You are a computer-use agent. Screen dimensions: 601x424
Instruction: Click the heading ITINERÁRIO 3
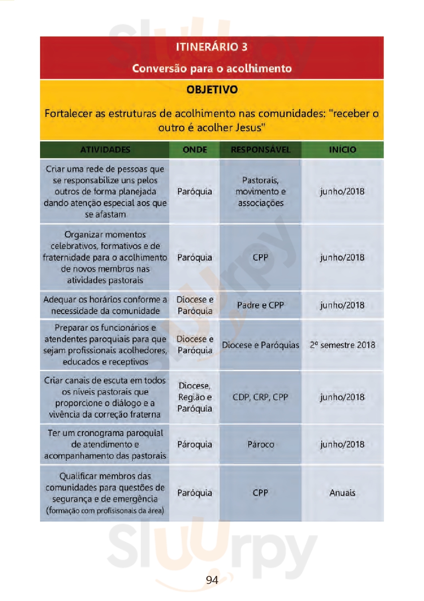click(x=211, y=47)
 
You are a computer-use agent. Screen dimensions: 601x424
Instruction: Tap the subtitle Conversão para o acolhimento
click(x=212, y=68)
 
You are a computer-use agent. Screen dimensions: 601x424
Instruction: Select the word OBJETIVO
click(x=212, y=89)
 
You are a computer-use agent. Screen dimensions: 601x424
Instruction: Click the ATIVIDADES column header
click(x=105, y=150)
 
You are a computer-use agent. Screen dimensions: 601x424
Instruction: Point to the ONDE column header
click(x=195, y=150)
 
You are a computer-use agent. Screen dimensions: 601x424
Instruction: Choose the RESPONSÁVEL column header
click(x=261, y=150)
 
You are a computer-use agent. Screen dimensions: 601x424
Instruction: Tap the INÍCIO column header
click(x=342, y=150)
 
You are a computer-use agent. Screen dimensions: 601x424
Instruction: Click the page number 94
click(x=212, y=580)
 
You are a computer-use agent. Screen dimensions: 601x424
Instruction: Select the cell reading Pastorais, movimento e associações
click(x=261, y=191)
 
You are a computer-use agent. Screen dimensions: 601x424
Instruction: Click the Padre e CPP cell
click(x=261, y=305)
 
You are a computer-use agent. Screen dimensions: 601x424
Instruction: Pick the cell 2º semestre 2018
click(x=342, y=345)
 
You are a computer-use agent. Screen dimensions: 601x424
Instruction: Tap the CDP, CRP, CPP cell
click(x=261, y=397)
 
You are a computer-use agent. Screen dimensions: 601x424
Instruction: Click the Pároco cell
click(x=261, y=444)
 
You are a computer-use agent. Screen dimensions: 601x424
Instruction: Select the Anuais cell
click(x=342, y=493)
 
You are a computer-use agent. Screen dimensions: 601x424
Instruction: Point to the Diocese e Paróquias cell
click(x=261, y=345)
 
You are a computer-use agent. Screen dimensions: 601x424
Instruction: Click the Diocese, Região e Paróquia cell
click(x=195, y=397)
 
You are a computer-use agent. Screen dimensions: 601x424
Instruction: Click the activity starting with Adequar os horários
click(x=105, y=305)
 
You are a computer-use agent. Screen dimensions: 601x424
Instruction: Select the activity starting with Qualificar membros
click(x=105, y=493)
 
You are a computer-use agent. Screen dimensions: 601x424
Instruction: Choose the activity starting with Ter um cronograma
click(x=105, y=444)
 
